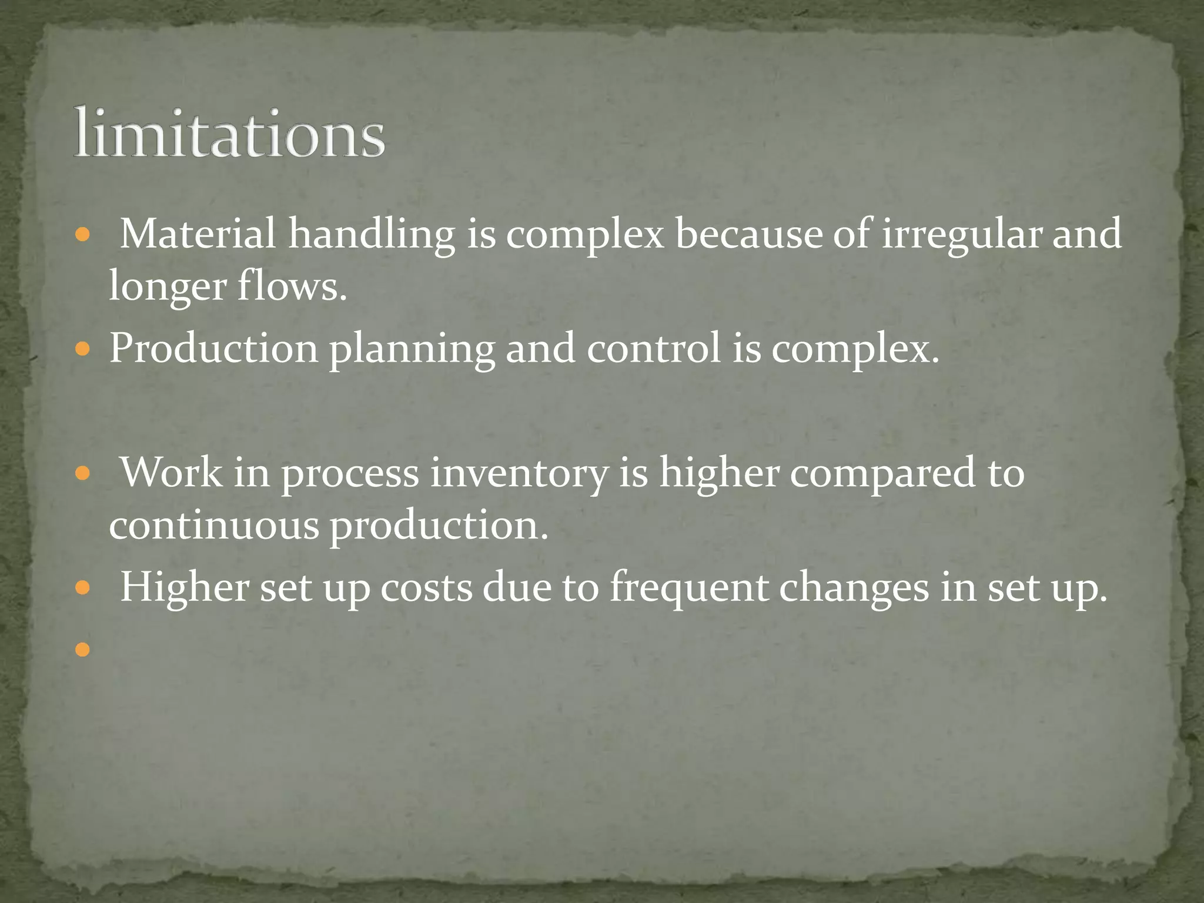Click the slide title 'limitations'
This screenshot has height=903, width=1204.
point(229,133)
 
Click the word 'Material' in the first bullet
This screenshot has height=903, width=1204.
point(198,234)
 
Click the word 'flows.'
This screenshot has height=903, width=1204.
point(292,286)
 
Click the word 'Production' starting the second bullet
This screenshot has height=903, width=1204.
point(213,348)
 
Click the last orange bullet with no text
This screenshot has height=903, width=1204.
point(83,649)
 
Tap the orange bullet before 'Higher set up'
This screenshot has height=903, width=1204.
point(83,588)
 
